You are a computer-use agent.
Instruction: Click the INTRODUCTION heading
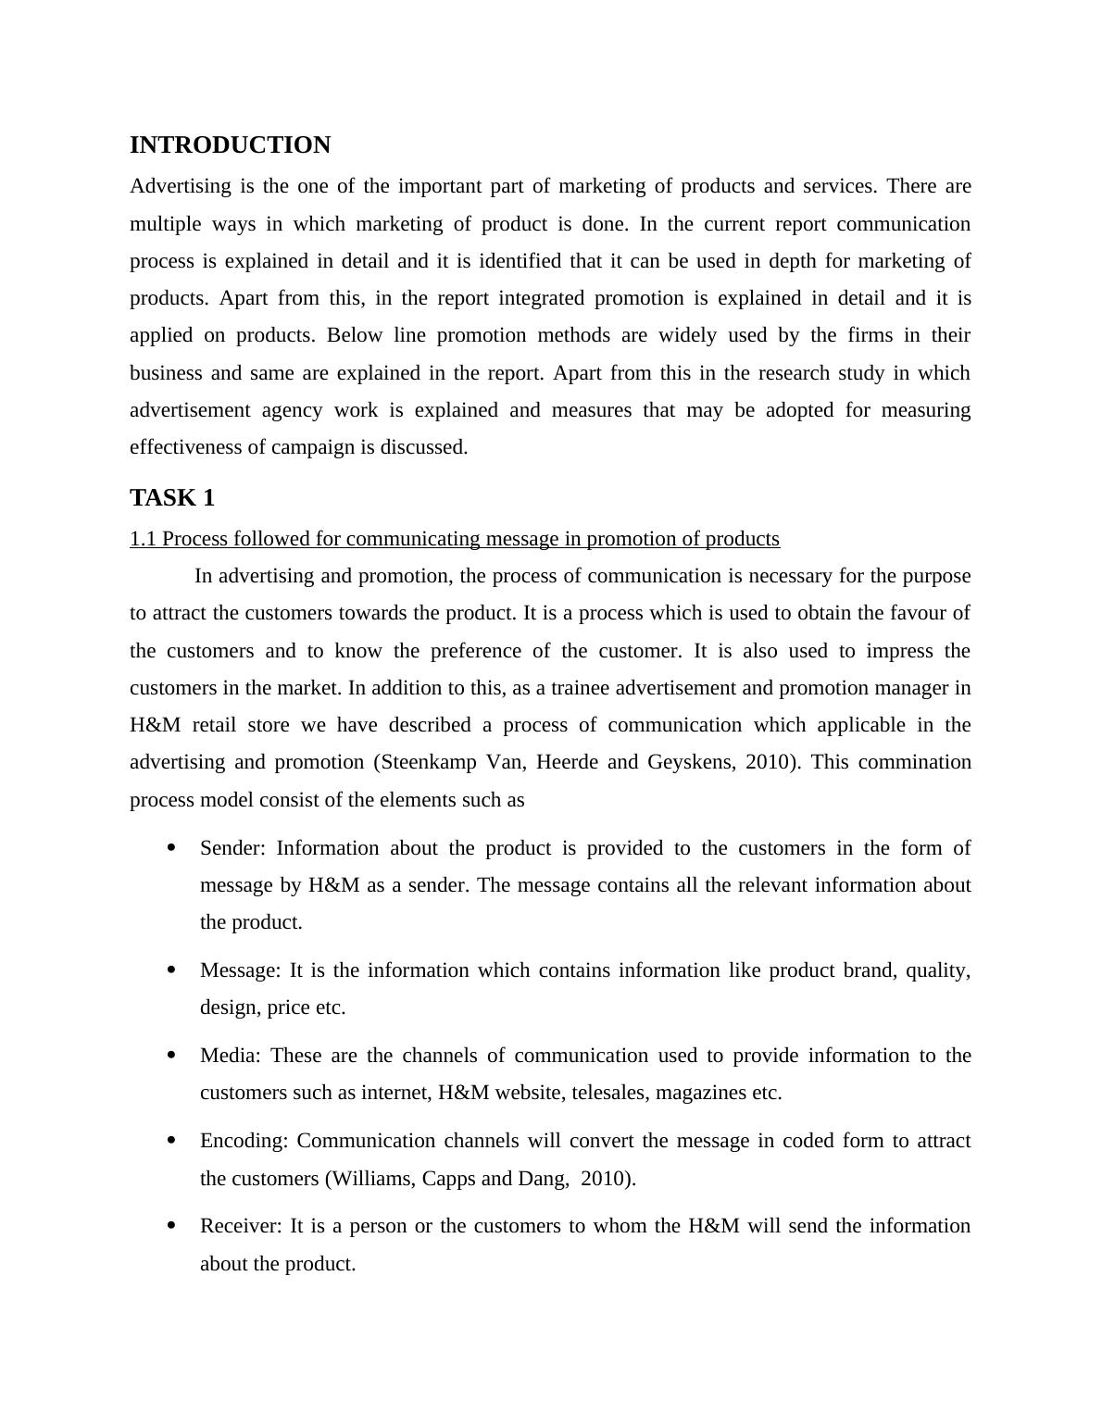click(x=230, y=145)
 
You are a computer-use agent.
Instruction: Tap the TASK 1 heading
click(x=172, y=498)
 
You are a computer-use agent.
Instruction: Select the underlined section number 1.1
click(x=143, y=539)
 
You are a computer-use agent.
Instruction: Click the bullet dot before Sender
click(x=171, y=848)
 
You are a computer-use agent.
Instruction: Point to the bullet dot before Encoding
click(x=171, y=1141)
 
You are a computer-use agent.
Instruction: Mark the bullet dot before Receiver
click(x=171, y=1226)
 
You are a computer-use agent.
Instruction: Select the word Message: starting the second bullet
click(x=240, y=970)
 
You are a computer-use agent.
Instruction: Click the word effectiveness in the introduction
click(x=185, y=447)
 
